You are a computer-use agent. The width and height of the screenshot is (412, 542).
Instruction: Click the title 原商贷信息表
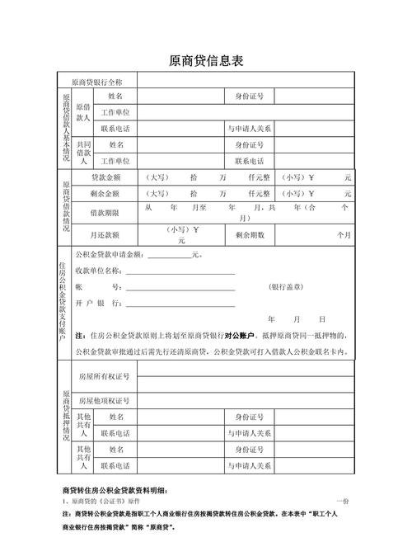tap(206, 61)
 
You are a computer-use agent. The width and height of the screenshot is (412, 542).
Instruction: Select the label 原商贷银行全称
tap(97, 82)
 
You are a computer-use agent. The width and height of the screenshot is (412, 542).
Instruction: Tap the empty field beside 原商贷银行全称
tap(246, 82)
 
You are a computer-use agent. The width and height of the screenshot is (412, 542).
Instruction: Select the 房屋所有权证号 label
tap(104, 376)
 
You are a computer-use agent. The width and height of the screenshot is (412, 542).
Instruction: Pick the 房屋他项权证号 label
tap(104, 400)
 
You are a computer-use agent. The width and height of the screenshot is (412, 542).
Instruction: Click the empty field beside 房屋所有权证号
tap(246, 376)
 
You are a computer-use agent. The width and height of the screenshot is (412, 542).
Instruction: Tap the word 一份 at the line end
tap(343, 502)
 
